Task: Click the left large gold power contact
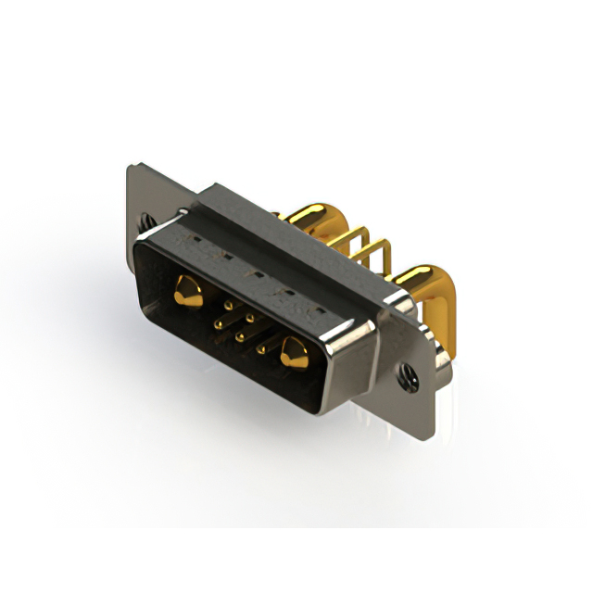(188, 292)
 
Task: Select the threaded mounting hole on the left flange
(147, 221)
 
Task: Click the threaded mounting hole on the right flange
(406, 377)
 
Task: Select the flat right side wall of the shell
(353, 366)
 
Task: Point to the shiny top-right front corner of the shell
(372, 321)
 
